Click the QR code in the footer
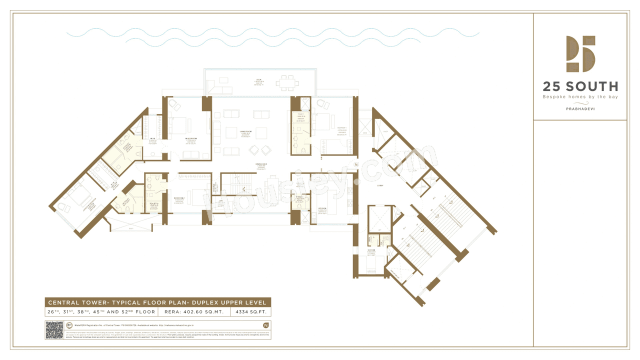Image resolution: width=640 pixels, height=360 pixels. pyautogui.click(x=54, y=330)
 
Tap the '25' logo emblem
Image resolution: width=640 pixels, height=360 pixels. pyautogui.click(x=580, y=53)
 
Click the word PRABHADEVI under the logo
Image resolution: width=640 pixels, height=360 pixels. pyautogui.click(x=580, y=108)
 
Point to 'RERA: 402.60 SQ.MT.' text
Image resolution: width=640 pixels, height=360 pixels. pyautogui.click(x=193, y=312)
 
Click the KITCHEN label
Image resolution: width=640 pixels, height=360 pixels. pyautogui.click(x=322, y=209)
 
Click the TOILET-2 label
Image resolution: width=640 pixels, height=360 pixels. pyautogui.click(x=153, y=204)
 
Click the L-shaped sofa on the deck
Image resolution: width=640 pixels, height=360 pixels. pyautogui.click(x=216, y=87)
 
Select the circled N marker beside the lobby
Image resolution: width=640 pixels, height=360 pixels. pyautogui.click(x=356, y=164)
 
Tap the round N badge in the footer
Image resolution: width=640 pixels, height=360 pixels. pyautogui.click(x=265, y=325)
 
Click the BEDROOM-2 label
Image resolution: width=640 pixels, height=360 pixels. pyautogui.click(x=179, y=198)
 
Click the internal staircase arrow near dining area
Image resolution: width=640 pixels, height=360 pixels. pyautogui.click(x=243, y=188)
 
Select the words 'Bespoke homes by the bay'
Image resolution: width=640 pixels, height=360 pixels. pyautogui.click(x=580, y=96)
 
